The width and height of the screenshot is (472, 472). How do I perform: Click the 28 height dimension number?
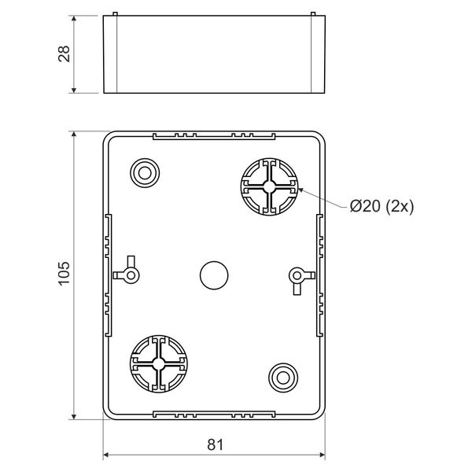pos(65,54)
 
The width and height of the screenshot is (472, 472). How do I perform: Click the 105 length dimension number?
pos(65,274)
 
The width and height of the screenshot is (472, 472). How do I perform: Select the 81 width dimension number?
pos(216,445)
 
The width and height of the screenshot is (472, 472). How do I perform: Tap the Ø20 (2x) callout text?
pos(382,206)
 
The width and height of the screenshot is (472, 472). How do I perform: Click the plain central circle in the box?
pos(214,275)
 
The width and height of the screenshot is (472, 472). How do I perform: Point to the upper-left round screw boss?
pos(145,173)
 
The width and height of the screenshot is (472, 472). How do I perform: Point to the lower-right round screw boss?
pos(283,378)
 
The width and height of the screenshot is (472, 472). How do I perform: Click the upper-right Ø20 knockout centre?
pos(269,186)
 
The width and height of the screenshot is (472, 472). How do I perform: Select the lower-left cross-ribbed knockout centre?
pos(158,363)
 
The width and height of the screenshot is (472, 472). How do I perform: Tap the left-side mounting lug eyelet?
pos(131,275)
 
